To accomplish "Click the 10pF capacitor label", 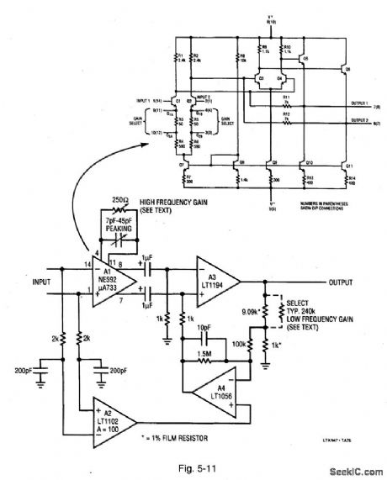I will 206,330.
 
